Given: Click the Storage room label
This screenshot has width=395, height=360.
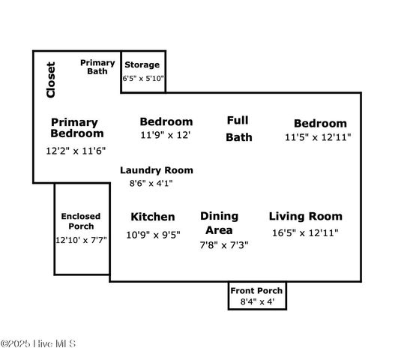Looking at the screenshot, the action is (x=142, y=65).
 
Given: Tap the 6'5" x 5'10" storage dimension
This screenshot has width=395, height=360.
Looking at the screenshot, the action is (x=143, y=79).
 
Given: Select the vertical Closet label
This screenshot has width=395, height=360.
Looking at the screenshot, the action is (x=51, y=79).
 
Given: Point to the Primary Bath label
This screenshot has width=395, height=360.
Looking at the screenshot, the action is (x=97, y=67).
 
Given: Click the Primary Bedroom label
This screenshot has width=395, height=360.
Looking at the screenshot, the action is (x=77, y=127).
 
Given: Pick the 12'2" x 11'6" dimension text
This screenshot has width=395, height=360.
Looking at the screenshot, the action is (x=76, y=151).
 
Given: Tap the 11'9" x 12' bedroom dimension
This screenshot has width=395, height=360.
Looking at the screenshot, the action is (x=165, y=135).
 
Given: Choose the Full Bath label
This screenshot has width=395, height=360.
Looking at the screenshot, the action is (x=238, y=129).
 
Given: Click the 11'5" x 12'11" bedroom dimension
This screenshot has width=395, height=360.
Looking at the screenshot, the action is (x=318, y=137).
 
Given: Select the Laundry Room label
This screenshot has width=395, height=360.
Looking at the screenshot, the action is (x=157, y=170).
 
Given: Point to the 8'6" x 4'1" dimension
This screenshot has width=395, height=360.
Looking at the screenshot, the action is (x=151, y=183).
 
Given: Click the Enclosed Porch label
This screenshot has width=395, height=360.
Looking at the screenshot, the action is (x=81, y=221).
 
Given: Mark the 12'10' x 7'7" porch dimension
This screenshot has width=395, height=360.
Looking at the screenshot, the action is (x=81, y=240).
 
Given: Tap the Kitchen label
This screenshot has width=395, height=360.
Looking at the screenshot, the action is (x=153, y=217).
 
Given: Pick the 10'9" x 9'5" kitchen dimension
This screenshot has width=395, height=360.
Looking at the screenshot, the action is (x=153, y=235).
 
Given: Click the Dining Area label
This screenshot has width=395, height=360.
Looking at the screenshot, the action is (x=219, y=223).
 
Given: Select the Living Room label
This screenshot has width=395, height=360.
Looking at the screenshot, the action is (x=306, y=217).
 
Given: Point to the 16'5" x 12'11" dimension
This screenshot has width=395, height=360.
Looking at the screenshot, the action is (x=305, y=232).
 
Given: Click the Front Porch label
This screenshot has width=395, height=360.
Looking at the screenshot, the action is (x=256, y=291).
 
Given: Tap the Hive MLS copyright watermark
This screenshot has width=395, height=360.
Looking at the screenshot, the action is (x=38, y=343).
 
